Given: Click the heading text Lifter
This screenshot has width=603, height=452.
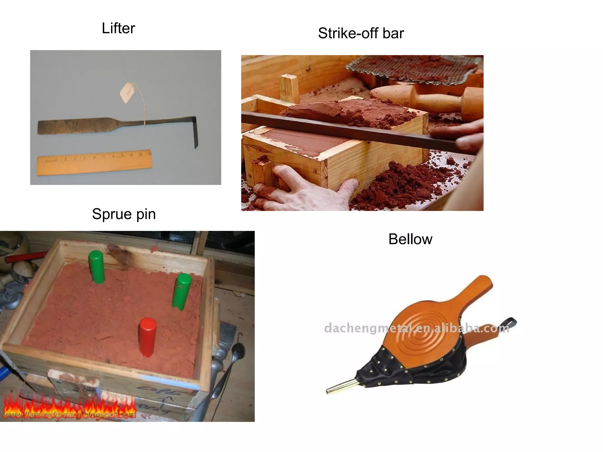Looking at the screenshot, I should click(x=118, y=29).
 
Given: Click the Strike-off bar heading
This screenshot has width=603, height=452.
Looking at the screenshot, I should click(x=361, y=33).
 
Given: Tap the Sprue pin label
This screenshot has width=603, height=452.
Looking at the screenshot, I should click(x=124, y=214).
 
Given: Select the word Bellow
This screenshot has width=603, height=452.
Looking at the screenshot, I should click(x=410, y=239).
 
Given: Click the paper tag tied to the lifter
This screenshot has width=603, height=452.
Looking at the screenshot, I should click(x=127, y=92).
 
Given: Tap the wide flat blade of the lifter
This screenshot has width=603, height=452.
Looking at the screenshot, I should click(x=74, y=127).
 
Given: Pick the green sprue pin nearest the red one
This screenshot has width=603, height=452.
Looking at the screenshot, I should click(x=182, y=291).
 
